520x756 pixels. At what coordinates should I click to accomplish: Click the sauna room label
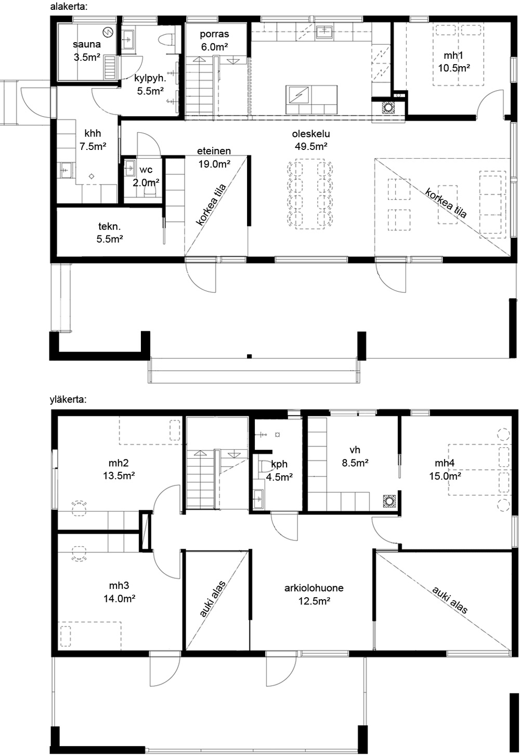click(87, 51)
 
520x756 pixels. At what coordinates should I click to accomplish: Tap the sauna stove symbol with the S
click(108, 32)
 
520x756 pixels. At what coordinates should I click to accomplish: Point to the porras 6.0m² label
click(214, 40)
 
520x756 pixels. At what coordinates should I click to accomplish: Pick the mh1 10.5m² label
click(454, 61)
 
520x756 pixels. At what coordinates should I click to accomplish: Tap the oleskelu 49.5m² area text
click(311, 140)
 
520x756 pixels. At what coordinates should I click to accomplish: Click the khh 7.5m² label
click(93, 140)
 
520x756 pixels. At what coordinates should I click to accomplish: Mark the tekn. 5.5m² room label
click(110, 233)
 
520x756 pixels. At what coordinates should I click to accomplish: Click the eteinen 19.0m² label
click(214, 157)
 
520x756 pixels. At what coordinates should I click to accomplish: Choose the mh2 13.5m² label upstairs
click(119, 469)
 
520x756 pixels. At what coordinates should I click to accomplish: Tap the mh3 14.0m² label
click(119, 592)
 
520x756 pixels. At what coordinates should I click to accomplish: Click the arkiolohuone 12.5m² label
click(314, 595)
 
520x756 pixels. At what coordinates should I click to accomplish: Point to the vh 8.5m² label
click(355, 456)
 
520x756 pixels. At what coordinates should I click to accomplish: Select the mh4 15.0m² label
click(445, 470)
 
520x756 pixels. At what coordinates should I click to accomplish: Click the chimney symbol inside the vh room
click(390, 501)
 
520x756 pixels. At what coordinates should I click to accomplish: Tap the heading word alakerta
click(69, 7)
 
